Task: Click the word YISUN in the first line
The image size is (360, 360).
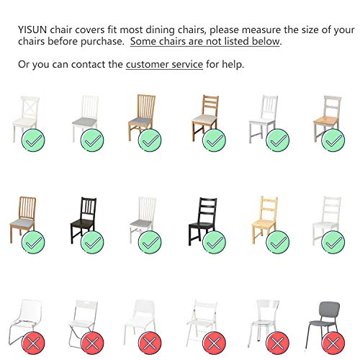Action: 32,30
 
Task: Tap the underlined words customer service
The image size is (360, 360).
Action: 164,64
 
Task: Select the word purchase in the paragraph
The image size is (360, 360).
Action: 102,42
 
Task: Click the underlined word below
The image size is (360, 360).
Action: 266,41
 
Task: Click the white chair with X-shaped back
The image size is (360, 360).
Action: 26,119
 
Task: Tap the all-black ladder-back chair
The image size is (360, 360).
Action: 203,221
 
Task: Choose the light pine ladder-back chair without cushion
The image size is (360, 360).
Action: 265,220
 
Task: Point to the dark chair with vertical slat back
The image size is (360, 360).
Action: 84,220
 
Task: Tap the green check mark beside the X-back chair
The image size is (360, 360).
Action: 33,140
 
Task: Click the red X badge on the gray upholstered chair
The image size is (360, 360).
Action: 333,343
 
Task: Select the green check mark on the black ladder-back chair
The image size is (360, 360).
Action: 214,242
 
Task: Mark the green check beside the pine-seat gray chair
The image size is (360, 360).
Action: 333,140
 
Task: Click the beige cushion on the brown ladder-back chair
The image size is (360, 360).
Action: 204,118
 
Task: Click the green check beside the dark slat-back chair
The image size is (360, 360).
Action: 92,242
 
